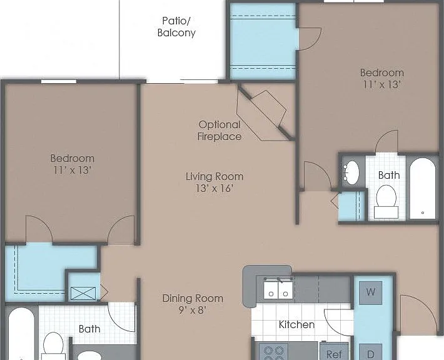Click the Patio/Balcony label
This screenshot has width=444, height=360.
(176, 27)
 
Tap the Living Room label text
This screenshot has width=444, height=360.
(214, 177)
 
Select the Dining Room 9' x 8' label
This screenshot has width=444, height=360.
(193, 304)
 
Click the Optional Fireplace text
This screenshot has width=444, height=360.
(219, 131)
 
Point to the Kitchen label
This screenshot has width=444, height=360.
(296, 324)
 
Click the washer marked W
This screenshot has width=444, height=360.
(371, 292)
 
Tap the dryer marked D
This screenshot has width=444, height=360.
(371, 352)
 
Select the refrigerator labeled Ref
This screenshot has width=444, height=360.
(334, 351)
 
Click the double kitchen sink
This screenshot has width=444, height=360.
(278, 289)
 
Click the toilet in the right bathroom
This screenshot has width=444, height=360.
(386, 202)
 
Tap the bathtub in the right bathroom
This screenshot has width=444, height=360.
(423, 189)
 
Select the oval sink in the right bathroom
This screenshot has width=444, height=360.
(351, 172)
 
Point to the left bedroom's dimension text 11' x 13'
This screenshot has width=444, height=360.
(72, 171)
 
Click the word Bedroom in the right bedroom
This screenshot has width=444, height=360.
(382, 72)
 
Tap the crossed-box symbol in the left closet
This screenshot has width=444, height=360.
(83, 293)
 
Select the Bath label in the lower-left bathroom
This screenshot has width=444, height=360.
(89, 329)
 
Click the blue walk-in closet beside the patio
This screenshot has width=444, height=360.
(263, 41)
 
